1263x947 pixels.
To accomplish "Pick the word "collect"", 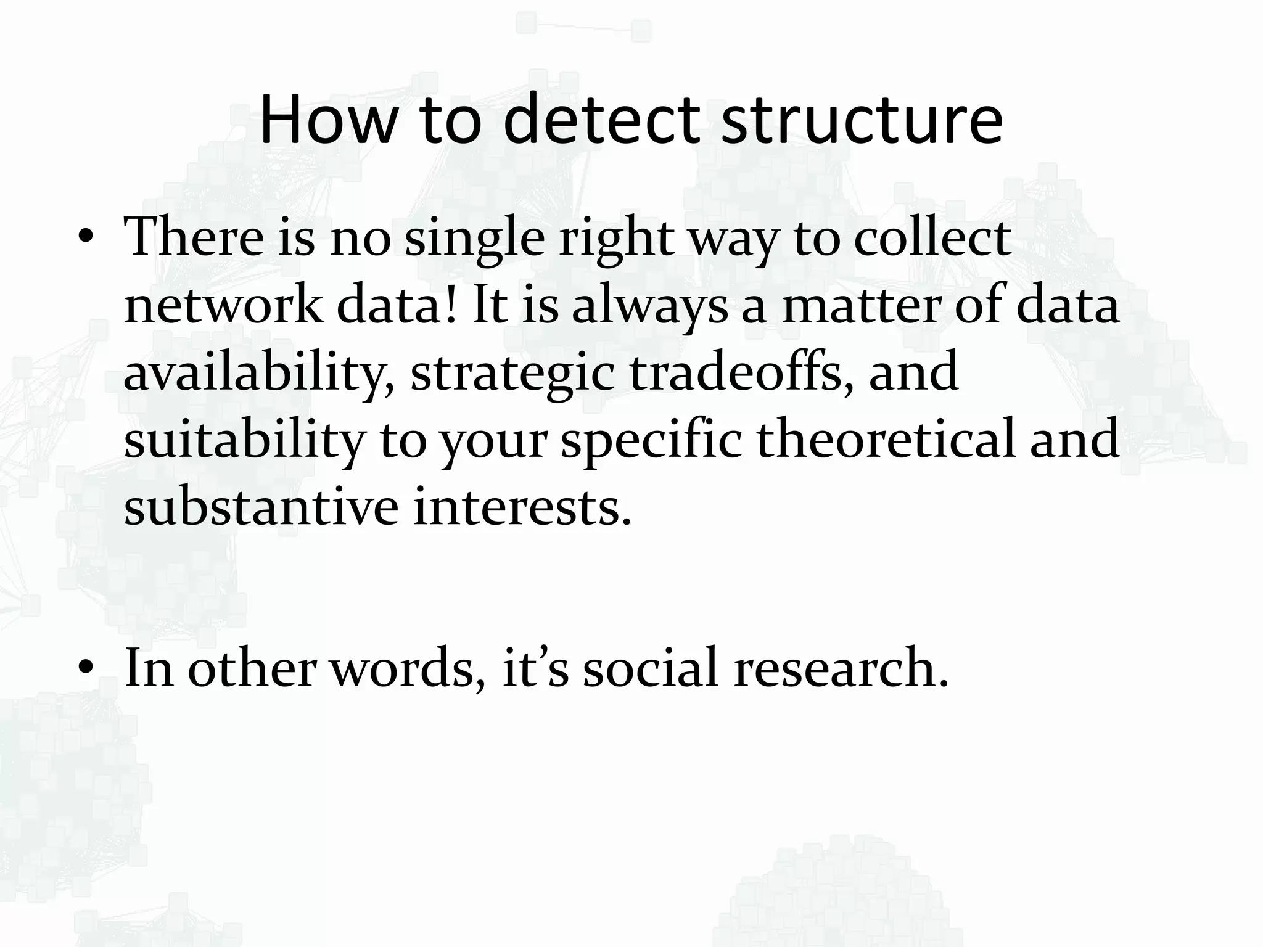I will [x=932, y=239].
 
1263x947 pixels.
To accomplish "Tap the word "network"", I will [x=223, y=306].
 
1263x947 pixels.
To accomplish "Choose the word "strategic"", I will [x=512, y=374].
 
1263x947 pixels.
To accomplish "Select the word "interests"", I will [x=522, y=507].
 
